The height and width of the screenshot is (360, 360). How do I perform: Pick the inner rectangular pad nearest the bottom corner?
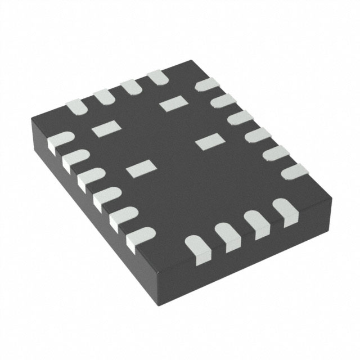click(x=140, y=168)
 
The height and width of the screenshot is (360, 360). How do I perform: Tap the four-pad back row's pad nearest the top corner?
click(x=159, y=77)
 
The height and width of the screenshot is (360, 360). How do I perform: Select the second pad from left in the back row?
click(x=103, y=96)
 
